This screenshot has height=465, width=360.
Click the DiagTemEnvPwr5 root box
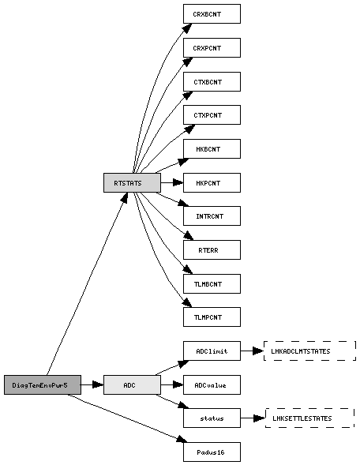[43, 385]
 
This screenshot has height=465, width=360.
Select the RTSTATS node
[132, 182]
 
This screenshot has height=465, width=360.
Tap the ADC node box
[132, 385]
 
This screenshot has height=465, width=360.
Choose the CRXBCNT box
[212, 13]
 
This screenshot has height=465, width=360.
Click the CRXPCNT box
[212, 47]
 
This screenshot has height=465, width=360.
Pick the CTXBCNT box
[212, 81]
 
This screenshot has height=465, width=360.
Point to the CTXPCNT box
[212, 114]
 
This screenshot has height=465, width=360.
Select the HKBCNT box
[212, 149]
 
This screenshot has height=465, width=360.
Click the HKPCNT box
[212, 182]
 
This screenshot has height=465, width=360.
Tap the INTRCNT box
[212, 216]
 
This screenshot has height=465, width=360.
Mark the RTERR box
[212, 250]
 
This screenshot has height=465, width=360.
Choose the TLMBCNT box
[212, 283]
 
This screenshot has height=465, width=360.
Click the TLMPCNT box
[212, 317]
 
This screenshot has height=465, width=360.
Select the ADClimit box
[212, 351]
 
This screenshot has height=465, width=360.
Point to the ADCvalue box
[212, 385]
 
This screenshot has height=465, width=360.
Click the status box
[212, 418]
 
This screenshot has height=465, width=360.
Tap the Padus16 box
[212, 452]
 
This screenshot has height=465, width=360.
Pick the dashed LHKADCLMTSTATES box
[310, 351]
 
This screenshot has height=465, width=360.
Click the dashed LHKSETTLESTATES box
[310, 418]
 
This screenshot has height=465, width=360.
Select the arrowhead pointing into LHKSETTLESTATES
[260, 418]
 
